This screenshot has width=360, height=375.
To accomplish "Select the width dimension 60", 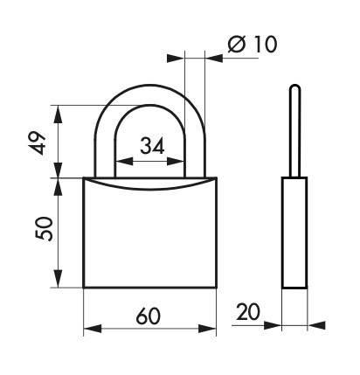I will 149,316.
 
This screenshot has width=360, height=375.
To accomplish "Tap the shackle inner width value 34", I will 151,146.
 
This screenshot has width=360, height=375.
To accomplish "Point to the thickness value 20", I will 249,312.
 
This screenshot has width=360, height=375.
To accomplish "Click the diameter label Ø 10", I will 251,45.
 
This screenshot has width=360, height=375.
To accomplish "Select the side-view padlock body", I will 294,232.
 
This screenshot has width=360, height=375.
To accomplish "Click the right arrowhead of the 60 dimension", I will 209,330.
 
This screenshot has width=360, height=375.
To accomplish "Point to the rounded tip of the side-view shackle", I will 294,87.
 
